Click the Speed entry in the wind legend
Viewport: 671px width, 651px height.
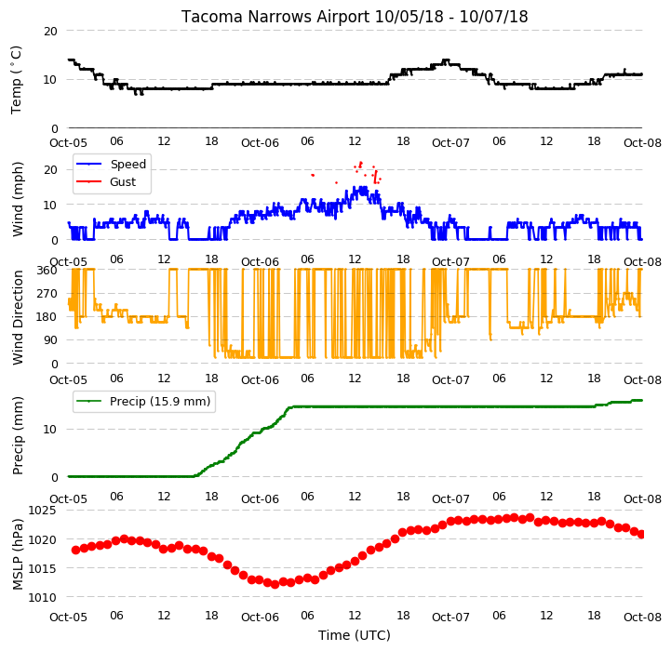[127, 165]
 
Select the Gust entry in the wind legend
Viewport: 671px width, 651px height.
[123, 182]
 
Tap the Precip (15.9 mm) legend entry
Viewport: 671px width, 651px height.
[160, 402]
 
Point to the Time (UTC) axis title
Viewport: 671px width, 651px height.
[355, 635]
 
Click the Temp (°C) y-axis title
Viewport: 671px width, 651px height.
[16, 80]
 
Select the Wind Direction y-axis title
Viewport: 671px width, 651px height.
[18, 317]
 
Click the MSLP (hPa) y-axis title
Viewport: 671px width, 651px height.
[18, 554]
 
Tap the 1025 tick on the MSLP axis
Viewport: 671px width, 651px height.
[42, 511]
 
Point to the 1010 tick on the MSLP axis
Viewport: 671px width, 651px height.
[42, 598]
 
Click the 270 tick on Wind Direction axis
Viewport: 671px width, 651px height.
[47, 294]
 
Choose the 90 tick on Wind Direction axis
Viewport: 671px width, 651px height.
[50, 340]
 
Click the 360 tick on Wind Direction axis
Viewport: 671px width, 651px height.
[47, 271]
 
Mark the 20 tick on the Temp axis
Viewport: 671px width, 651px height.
[50, 32]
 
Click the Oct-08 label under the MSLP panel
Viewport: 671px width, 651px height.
[643, 618]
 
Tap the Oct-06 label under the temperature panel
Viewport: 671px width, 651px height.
[260, 143]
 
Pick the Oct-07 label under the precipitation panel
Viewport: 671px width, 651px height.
[451, 499]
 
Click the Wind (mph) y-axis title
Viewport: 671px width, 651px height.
[18, 199]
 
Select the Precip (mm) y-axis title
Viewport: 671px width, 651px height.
[18, 436]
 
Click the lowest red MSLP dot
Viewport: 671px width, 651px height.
[275, 584]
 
